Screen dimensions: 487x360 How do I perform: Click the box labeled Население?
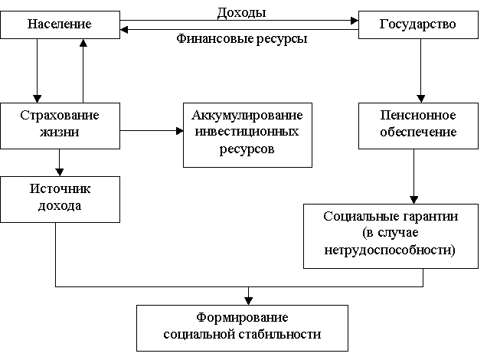click(60, 25)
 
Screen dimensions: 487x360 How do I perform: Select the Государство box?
click(418, 25)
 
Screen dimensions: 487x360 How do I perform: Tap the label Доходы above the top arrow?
click(242, 13)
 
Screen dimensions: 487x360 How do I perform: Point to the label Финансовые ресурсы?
click(242, 39)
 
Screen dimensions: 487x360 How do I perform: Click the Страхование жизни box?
click(60, 126)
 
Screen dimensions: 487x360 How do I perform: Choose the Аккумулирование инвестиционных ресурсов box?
click(247, 135)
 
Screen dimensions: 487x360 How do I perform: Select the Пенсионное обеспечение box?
click(418, 126)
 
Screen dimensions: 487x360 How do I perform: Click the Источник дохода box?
click(60, 199)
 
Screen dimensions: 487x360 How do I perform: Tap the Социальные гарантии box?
click(391, 236)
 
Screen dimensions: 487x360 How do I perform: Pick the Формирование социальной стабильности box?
click(242, 328)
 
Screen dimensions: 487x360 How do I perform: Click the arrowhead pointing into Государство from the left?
click(355, 21)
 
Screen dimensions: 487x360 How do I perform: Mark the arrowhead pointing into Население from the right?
click(124, 30)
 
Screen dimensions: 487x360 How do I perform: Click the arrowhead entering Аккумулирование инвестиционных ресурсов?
click(179, 131)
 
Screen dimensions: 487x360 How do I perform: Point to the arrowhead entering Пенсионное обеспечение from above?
click(421, 99)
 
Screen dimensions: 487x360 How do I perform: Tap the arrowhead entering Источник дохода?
click(59, 172)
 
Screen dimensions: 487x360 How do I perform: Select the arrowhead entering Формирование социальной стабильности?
click(248, 301)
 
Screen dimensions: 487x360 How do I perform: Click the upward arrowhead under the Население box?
click(83, 43)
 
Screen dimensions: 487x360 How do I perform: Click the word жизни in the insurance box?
click(59, 132)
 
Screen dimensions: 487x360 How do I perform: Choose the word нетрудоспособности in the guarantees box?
click(390, 250)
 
